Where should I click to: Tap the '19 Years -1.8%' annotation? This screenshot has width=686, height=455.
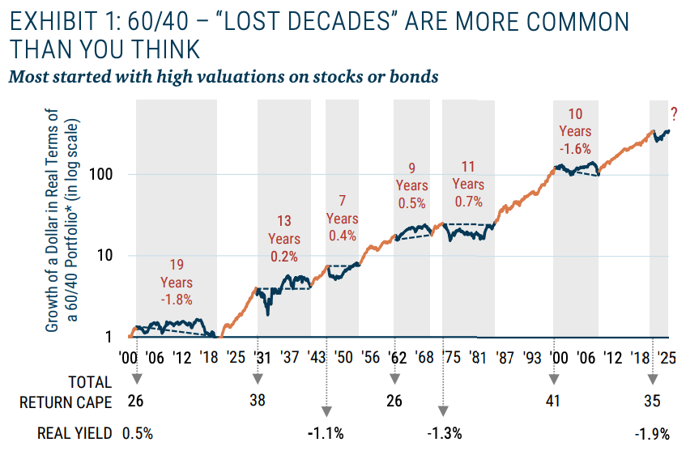pyautogui.click(x=177, y=282)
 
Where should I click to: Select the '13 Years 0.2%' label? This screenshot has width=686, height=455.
pyautogui.click(x=284, y=239)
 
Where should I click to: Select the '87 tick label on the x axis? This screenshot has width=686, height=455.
pyautogui.click(x=505, y=357)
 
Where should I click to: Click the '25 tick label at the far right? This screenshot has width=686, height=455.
pyautogui.click(x=668, y=357)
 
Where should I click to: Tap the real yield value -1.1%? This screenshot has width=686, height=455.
pyautogui.click(x=326, y=433)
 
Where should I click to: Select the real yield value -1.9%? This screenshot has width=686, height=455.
pyautogui.click(x=653, y=433)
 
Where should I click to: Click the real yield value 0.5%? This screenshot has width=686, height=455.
pyautogui.click(x=137, y=433)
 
